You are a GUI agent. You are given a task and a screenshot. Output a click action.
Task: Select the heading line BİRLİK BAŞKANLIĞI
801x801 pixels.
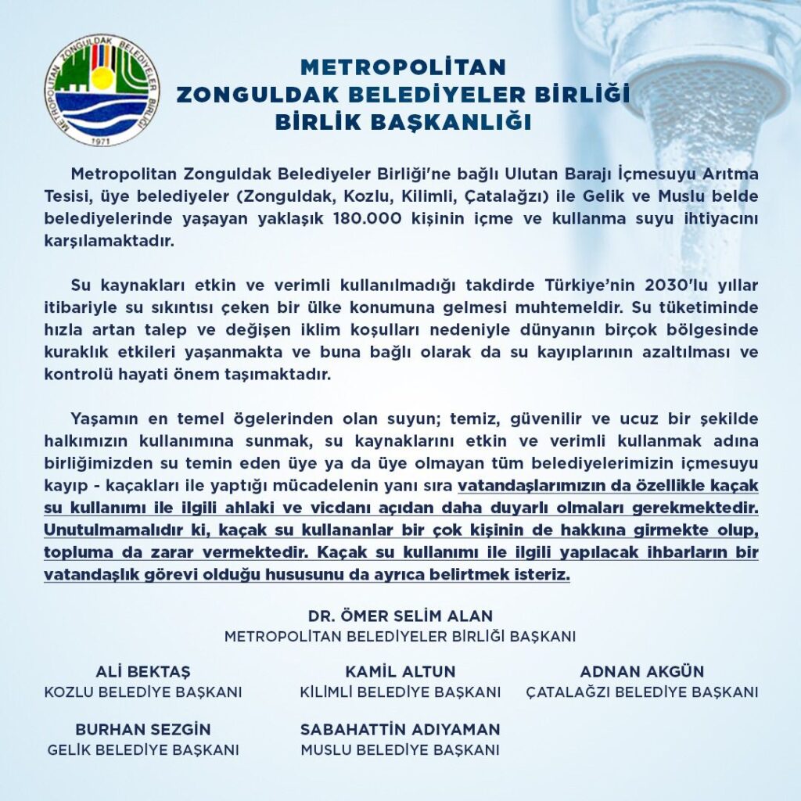click(403, 123)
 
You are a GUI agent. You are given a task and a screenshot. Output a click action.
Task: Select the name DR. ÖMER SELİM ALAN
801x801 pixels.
click(400, 616)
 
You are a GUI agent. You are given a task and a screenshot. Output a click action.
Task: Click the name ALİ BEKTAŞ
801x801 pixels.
click(143, 672)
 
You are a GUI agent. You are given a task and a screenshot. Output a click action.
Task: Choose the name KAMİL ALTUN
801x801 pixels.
click(400, 672)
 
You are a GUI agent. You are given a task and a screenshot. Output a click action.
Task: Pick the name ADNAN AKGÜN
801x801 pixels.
click(641, 672)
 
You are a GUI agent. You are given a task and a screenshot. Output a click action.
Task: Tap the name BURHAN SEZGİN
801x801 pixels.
click(143, 729)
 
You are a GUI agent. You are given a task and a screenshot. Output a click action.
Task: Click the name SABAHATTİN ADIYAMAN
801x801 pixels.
click(400, 729)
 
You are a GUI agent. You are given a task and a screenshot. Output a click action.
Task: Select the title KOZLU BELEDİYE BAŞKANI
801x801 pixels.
click(143, 692)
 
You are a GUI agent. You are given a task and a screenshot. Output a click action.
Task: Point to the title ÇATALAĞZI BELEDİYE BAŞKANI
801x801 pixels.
click(641, 692)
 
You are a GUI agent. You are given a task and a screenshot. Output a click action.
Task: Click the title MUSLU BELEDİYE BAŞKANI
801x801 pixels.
click(400, 749)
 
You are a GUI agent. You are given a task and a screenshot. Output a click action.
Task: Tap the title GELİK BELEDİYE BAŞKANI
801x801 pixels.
click(143, 749)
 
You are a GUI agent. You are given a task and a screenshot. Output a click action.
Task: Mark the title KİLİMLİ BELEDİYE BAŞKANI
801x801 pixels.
click(400, 692)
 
